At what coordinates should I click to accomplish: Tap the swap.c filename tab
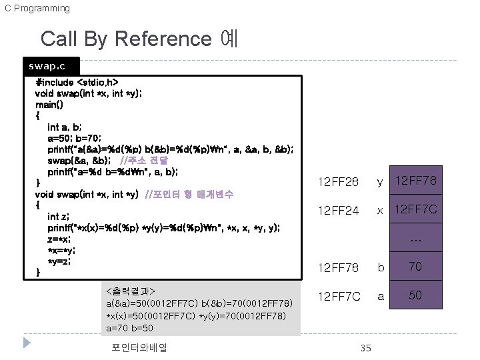[x=47, y=67]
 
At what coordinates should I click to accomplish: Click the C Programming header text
[x=37, y=8]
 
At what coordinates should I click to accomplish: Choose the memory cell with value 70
[x=415, y=267]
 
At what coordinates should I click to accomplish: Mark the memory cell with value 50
[x=415, y=295]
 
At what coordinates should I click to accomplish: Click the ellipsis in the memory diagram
[x=415, y=239]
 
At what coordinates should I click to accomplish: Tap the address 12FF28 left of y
[x=338, y=181]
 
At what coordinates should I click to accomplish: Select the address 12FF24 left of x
[x=338, y=211]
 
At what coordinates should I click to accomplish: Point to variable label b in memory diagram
[x=381, y=267]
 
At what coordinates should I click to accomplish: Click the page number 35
[x=365, y=348]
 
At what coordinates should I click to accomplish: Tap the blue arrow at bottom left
[x=27, y=343]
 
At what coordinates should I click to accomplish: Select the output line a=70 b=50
[x=129, y=328]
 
